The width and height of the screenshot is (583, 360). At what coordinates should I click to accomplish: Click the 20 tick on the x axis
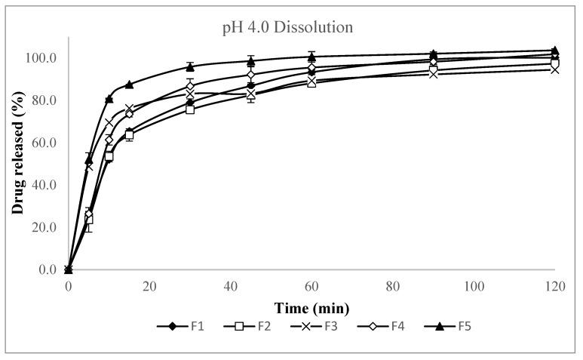[x=149, y=288]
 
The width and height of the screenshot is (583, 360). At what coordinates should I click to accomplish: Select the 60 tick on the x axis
[x=311, y=288]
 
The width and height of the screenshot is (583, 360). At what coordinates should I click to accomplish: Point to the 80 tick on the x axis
[x=393, y=288]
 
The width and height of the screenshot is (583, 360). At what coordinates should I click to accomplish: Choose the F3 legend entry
[x=316, y=327]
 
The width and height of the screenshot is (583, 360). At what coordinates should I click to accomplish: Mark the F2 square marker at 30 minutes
[x=190, y=109]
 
